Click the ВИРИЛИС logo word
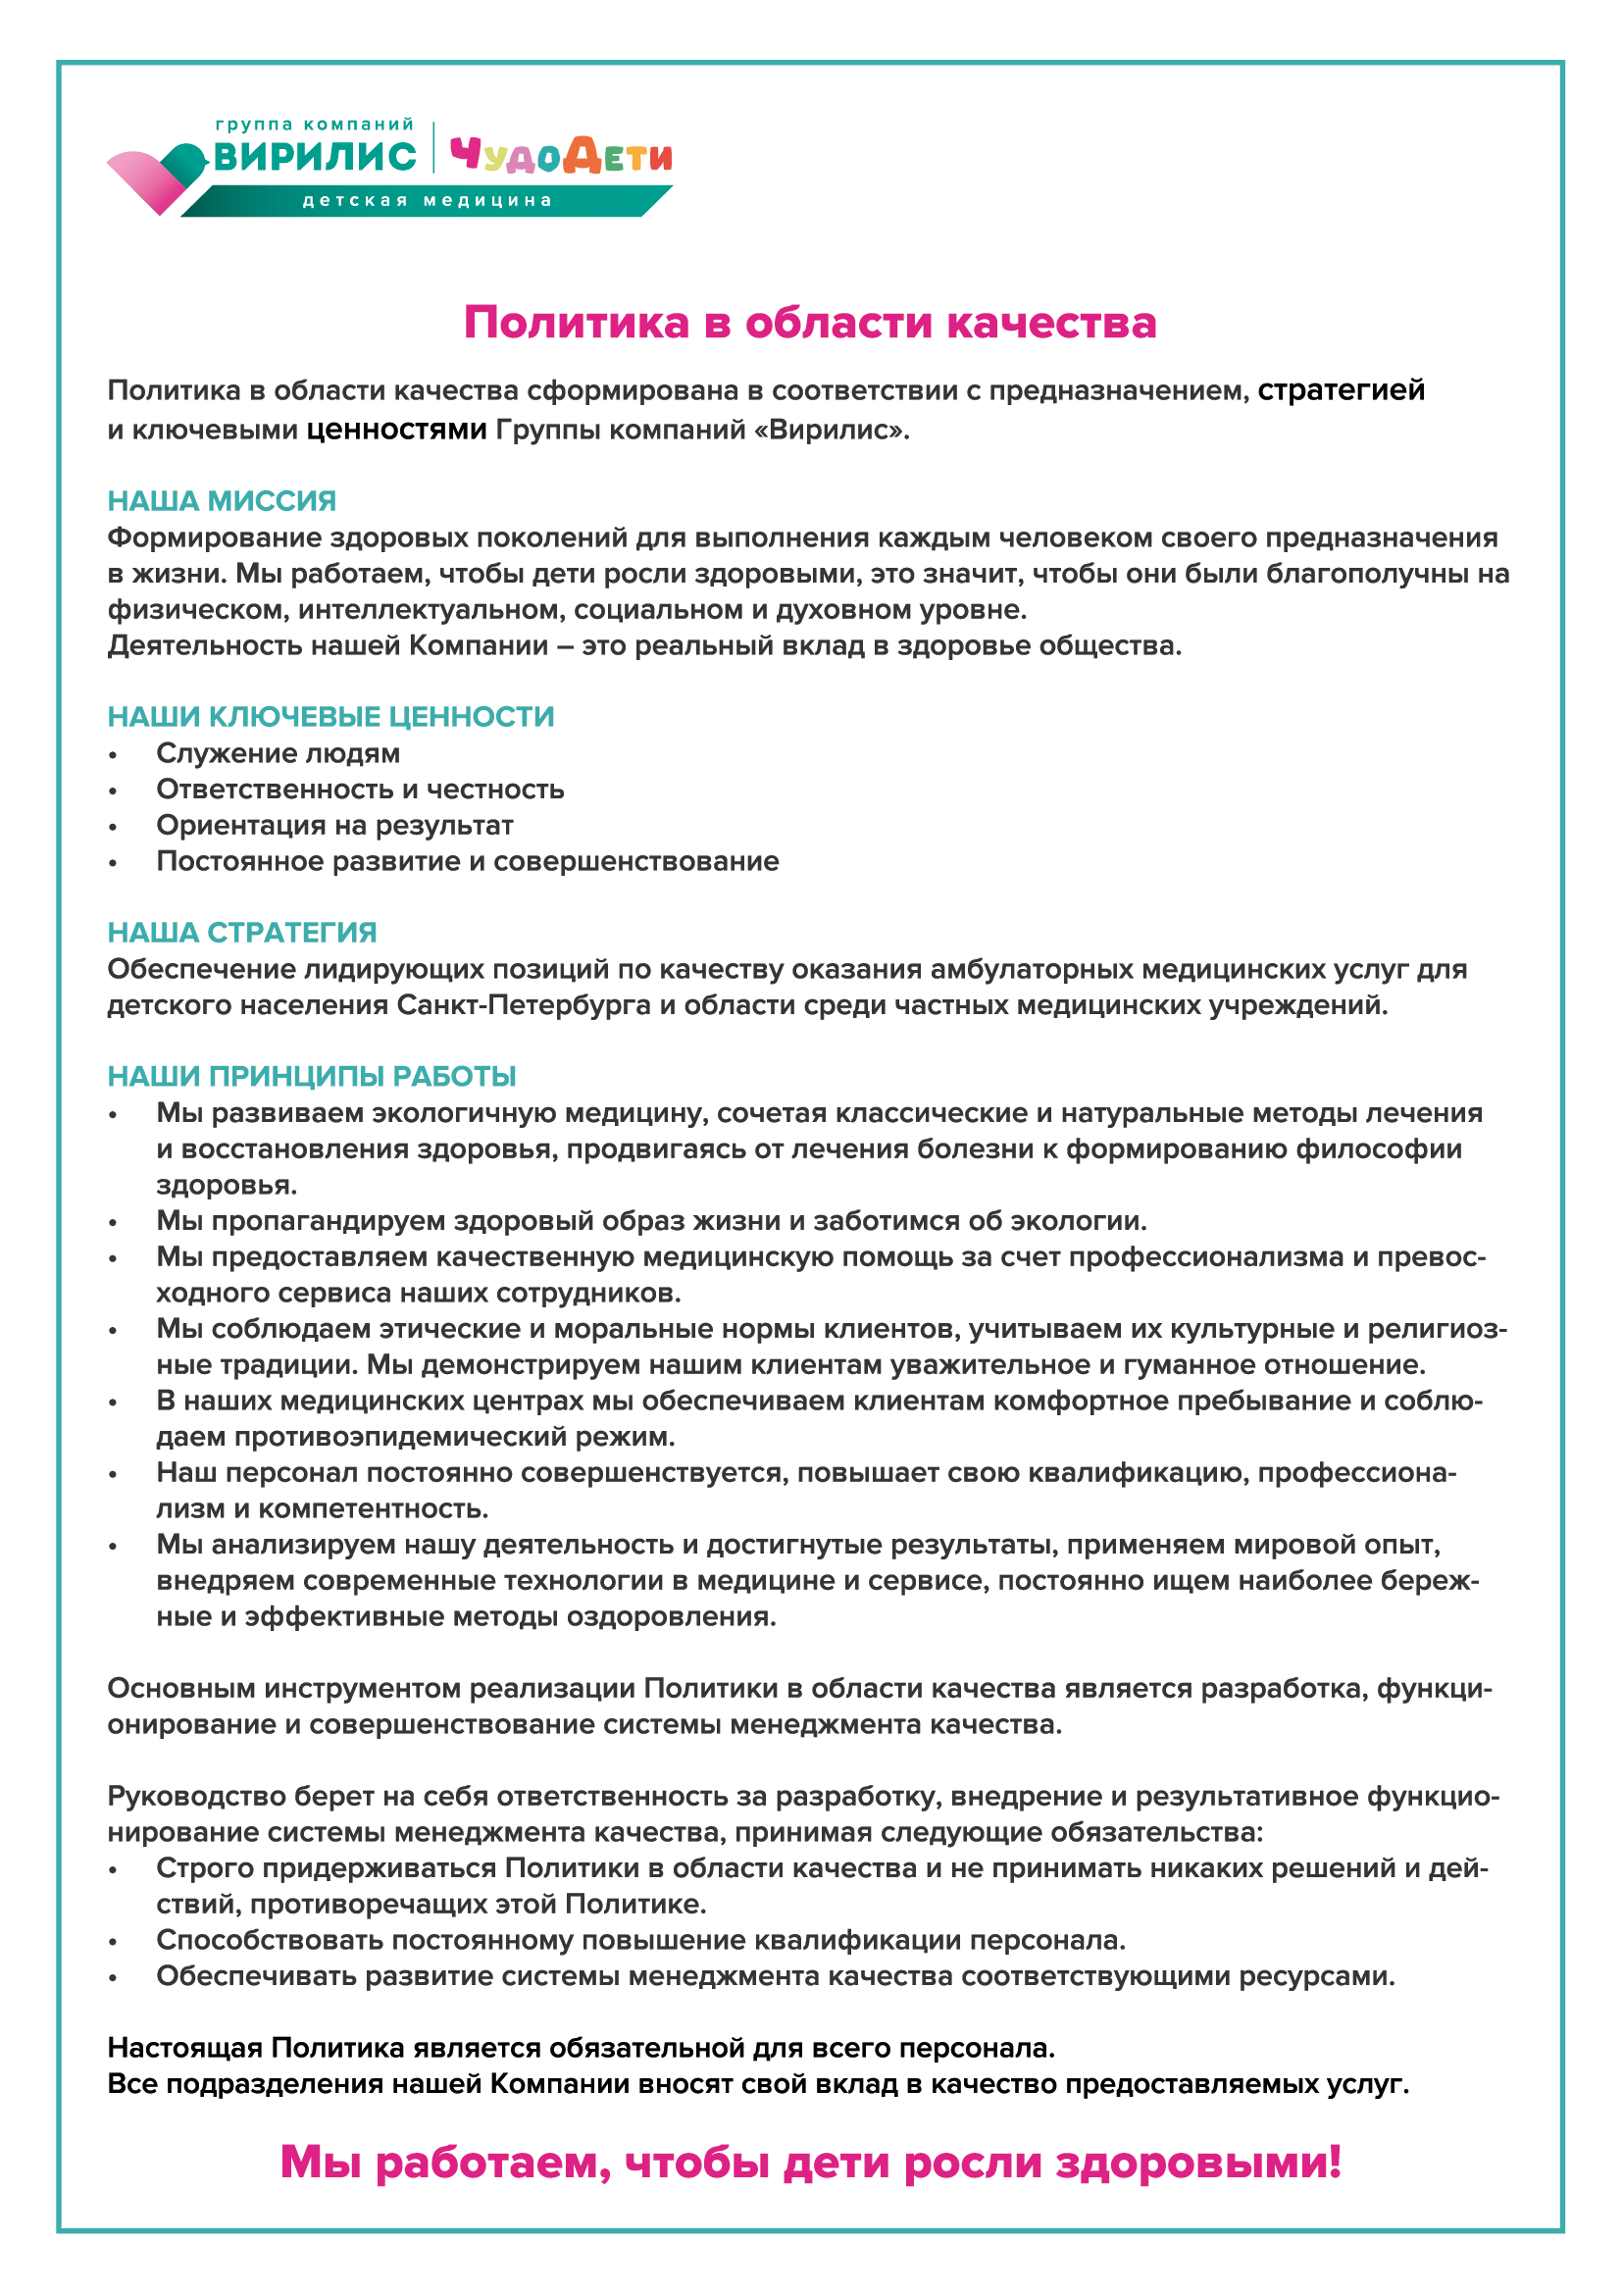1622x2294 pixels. [x=315, y=157]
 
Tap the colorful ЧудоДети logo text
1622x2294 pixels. [x=560, y=156]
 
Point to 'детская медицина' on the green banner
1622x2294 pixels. [x=428, y=201]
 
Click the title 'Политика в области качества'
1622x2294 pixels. [x=810, y=323]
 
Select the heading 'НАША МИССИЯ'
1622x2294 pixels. [x=222, y=500]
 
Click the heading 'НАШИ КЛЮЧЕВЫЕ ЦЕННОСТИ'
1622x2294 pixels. [x=330, y=716]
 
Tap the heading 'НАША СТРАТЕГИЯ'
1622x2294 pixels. [x=241, y=932]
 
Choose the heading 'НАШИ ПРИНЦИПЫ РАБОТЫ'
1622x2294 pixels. [x=312, y=1076]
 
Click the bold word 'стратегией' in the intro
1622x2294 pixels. [x=1341, y=389]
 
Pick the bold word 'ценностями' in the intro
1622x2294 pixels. [x=396, y=430]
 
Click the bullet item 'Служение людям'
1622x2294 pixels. [x=278, y=753]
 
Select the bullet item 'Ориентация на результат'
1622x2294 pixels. [x=334, y=825]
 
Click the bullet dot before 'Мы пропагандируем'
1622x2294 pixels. [x=114, y=1222]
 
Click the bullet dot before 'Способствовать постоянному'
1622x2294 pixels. [x=114, y=1941]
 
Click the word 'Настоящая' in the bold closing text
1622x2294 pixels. [x=184, y=2048]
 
